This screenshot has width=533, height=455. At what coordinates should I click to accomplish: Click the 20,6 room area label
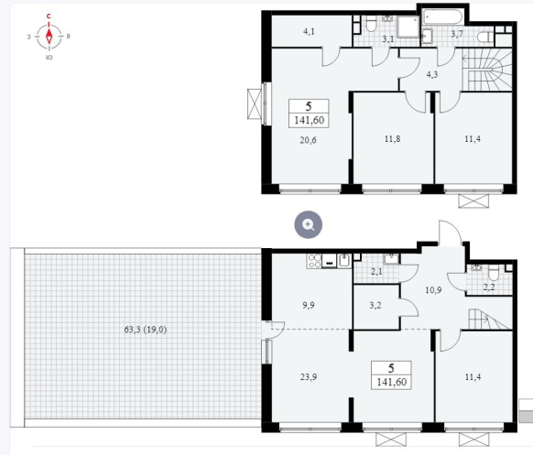(308, 140)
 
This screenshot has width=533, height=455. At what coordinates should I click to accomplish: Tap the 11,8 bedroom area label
(392, 138)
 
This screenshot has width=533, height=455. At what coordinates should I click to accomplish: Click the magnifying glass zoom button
(309, 224)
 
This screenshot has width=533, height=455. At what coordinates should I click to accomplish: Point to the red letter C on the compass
(49, 16)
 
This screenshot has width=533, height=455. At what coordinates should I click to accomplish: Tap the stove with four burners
(314, 261)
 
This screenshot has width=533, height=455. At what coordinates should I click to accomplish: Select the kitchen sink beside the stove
(344, 261)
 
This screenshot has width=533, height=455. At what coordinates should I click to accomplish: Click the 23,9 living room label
(309, 377)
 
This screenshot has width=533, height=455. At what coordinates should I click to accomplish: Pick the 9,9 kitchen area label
(309, 305)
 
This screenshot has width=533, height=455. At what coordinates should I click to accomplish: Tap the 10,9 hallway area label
(433, 290)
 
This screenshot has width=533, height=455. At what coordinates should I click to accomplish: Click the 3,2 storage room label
(375, 305)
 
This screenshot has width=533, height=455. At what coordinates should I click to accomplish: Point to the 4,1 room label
(309, 32)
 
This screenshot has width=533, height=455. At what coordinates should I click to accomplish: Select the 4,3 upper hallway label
(431, 74)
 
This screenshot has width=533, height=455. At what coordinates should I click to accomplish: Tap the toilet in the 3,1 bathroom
(370, 24)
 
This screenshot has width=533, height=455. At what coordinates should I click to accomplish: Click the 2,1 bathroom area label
(376, 271)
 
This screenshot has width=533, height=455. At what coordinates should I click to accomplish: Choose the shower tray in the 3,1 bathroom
(408, 26)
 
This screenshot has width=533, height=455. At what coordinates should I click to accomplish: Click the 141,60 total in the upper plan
(309, 120)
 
